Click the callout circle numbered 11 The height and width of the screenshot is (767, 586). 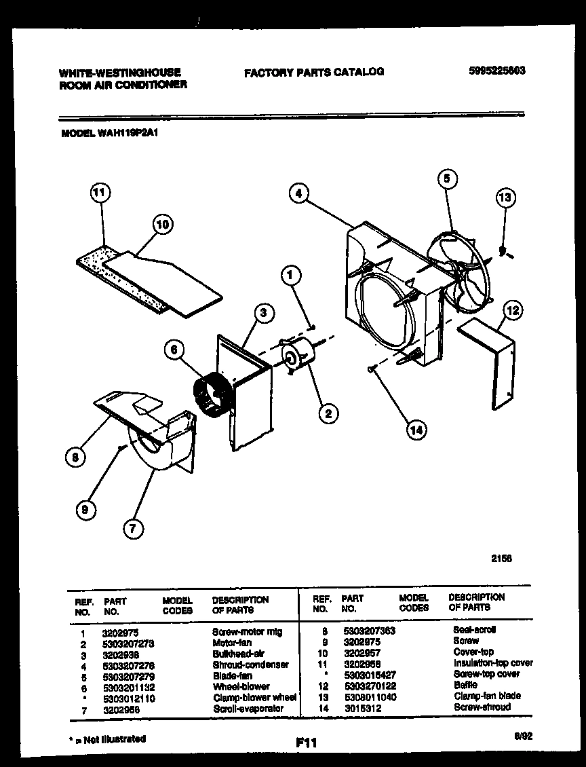[100, 194]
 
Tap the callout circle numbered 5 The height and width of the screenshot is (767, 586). [446, 179]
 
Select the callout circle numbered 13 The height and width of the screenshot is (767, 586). [505, 198]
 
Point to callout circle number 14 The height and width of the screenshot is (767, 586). [417, 428]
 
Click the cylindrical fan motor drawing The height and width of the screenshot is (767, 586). [296, 356]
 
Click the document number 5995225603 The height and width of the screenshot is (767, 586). [497, 71]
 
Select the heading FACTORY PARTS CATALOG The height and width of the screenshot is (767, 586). [314, 71]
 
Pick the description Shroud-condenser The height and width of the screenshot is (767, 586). [250, 665]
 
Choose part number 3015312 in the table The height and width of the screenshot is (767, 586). [362, 707]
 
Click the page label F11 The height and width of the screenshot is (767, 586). [307, 743]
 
